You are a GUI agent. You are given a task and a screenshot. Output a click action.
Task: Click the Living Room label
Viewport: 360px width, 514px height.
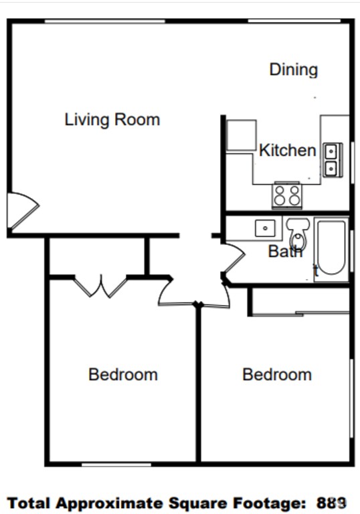(112, 120)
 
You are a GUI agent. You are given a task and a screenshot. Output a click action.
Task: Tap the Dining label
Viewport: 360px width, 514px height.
(293, 70)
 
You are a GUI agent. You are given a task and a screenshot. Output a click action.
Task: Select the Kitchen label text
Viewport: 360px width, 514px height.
(287, 151)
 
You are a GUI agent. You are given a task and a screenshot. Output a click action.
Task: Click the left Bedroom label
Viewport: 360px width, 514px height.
(123, 374)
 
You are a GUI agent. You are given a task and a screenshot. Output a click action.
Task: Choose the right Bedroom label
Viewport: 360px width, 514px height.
(277, 374)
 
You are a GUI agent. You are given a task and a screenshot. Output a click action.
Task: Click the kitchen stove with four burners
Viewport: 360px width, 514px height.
(287, 195)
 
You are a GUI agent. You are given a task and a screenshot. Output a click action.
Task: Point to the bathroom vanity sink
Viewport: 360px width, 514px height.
(265, 228)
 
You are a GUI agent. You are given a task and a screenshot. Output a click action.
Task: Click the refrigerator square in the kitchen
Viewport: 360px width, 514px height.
(241, 135)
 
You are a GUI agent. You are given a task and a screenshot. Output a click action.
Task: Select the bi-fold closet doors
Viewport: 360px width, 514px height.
(100, 286)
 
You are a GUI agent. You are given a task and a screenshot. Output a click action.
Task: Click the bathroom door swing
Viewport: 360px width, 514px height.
(233, 261)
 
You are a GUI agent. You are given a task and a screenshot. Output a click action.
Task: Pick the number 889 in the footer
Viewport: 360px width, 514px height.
(332, 502)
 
